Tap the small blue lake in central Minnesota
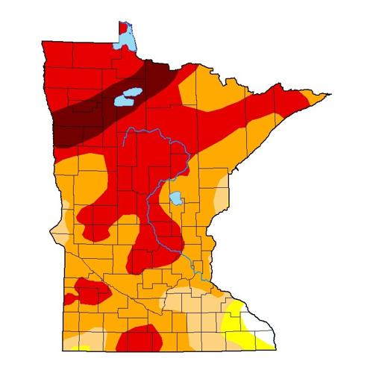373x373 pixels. click(x=175, y=200)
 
